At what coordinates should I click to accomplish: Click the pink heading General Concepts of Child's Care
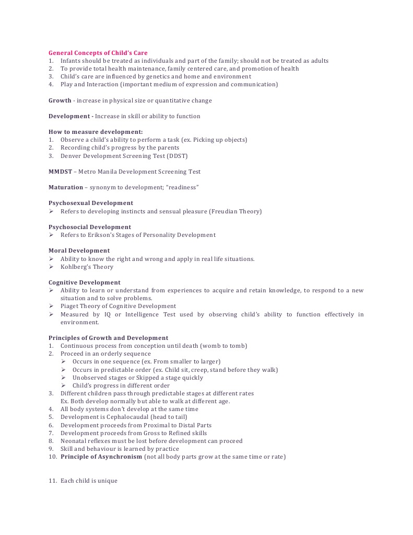point(98,53)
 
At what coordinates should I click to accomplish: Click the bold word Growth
point(60,100)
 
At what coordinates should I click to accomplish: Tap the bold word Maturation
point(66,187)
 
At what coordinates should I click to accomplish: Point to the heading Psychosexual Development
point(91,203)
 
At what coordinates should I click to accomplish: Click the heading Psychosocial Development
point(90,227)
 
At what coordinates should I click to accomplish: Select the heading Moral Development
point(79,251)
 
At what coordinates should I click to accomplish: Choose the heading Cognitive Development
point(85,282)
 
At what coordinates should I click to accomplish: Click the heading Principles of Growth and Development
point(109,338)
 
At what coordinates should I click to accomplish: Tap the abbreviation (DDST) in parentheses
point(178,156)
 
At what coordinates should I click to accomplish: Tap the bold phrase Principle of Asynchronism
point(101,457)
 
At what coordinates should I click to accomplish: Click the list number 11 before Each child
point(52,481)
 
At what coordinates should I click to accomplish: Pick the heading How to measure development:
point(96,132)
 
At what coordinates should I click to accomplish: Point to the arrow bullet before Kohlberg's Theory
point(51,267)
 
